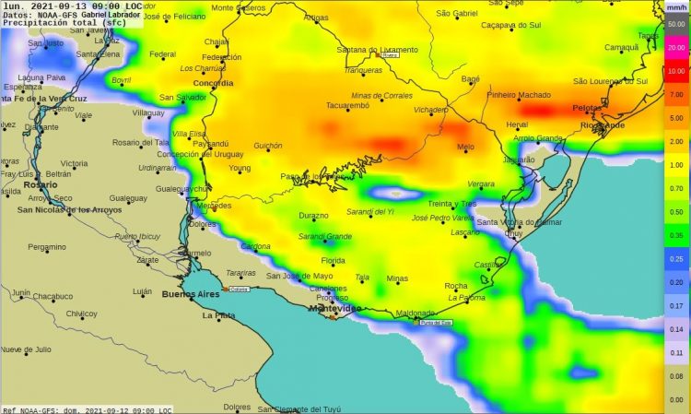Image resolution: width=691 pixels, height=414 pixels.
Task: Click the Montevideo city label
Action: pos(333,308)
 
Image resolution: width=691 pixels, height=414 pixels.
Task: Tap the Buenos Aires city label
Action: pos(191,295)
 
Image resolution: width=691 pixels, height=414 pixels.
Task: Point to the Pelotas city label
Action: pos(587,107)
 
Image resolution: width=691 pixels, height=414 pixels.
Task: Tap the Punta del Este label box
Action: pos(436,322)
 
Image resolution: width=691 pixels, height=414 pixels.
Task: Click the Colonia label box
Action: pos(240,289)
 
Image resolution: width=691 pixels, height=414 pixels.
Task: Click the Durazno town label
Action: pos(313,216)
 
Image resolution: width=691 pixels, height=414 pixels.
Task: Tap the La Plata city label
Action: pos(219,315)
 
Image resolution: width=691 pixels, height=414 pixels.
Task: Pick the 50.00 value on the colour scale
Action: pos(676,24)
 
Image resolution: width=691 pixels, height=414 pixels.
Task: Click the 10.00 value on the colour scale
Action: pos(676,71)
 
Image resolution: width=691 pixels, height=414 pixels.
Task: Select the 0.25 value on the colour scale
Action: pos(676,259)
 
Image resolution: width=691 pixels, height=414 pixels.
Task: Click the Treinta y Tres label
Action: pos(451,203)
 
